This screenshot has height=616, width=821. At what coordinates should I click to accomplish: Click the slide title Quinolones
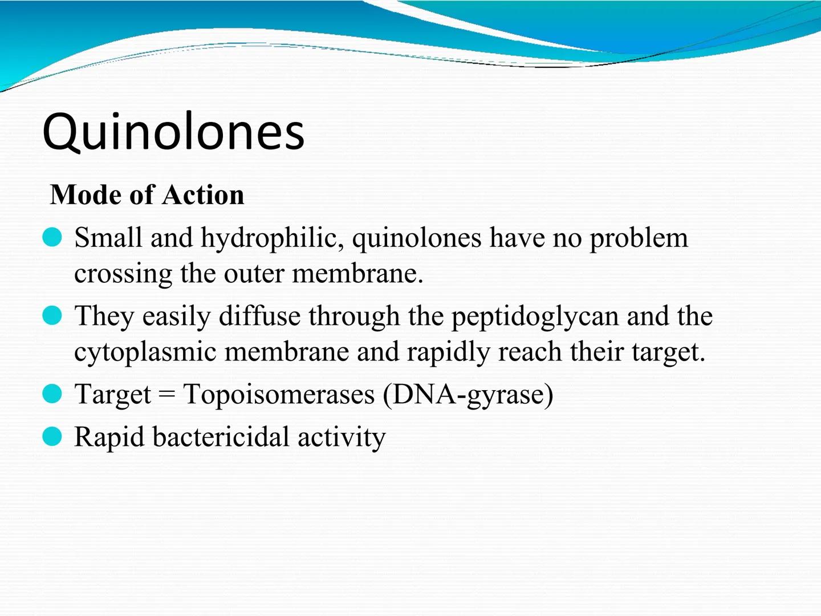173,132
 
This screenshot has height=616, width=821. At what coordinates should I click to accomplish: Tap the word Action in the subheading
203,195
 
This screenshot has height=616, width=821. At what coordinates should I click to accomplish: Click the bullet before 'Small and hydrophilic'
52,237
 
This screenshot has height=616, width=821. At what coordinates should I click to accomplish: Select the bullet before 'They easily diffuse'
52,315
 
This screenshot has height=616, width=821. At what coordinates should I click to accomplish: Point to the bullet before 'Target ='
52,394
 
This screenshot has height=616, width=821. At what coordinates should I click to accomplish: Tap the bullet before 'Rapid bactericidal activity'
52,436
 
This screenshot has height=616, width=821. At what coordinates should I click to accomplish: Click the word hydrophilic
273,238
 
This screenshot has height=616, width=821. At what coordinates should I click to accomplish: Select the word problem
639,238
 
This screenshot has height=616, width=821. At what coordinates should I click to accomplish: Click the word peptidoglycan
535,317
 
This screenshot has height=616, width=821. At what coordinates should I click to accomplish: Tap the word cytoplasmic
145,352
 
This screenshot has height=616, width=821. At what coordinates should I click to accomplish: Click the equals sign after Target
167,394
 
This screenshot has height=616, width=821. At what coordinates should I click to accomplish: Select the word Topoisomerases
279,395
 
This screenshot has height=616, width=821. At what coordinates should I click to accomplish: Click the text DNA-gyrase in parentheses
468,395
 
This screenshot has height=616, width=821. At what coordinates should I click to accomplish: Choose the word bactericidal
221,436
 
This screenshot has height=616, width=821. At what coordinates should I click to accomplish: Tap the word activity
342,437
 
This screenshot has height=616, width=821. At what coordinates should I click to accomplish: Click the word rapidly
448,352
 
